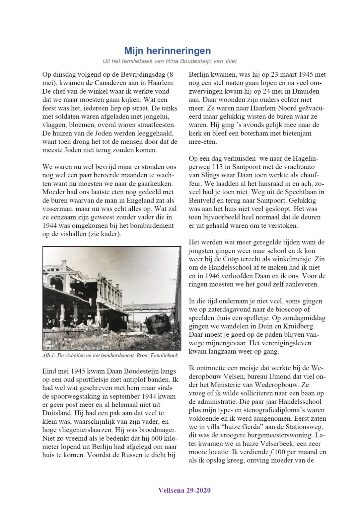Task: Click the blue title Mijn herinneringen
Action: pos(168,51)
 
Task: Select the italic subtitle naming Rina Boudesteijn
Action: pos(170,61)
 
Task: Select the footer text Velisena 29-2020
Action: pos(184,490)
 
